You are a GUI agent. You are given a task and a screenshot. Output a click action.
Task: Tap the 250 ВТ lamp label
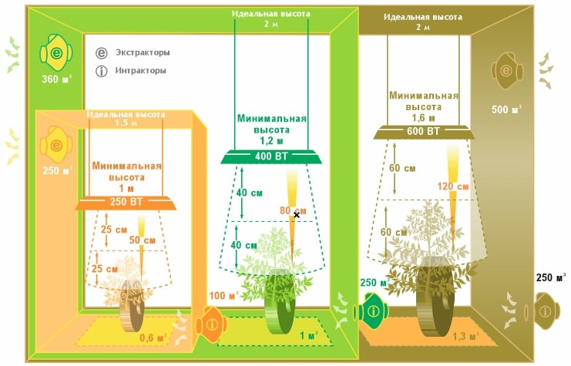(x=127, y=203)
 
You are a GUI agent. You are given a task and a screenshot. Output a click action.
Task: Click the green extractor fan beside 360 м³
(x=56, y=53)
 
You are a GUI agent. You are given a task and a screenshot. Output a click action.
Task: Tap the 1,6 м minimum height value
(x=422, y=118)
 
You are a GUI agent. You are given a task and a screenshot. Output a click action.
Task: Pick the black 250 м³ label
(x=551, y=277)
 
